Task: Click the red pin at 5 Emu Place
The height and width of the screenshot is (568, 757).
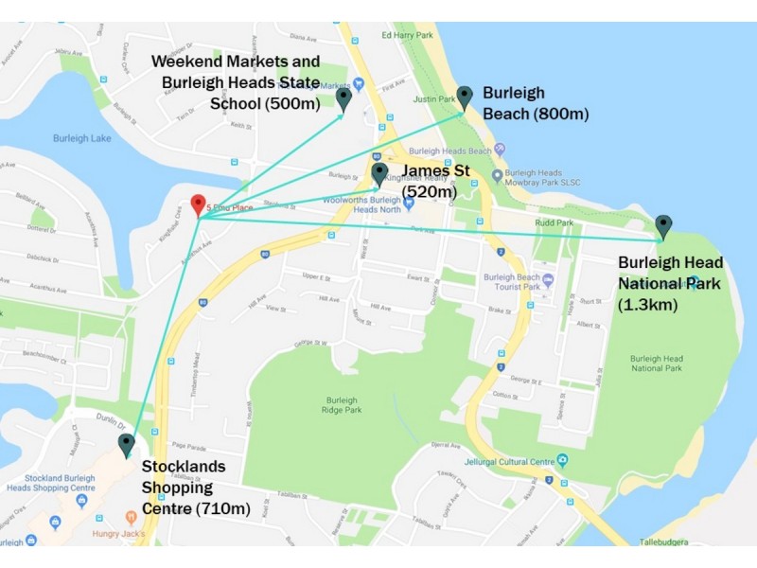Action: point(197,204)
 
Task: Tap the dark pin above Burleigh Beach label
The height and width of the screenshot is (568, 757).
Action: point(465,96)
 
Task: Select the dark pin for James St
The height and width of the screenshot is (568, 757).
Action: point(379,173)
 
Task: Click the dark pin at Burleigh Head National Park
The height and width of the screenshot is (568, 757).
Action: point(663,225)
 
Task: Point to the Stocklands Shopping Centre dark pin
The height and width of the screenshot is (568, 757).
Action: point(126,444)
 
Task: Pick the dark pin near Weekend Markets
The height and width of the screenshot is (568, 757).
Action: point(343,97)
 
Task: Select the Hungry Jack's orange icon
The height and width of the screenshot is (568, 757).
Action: point(132,517)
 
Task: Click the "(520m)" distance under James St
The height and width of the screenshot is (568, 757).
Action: point(430,192)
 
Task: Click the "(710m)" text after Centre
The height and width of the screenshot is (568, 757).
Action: point(223,509)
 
